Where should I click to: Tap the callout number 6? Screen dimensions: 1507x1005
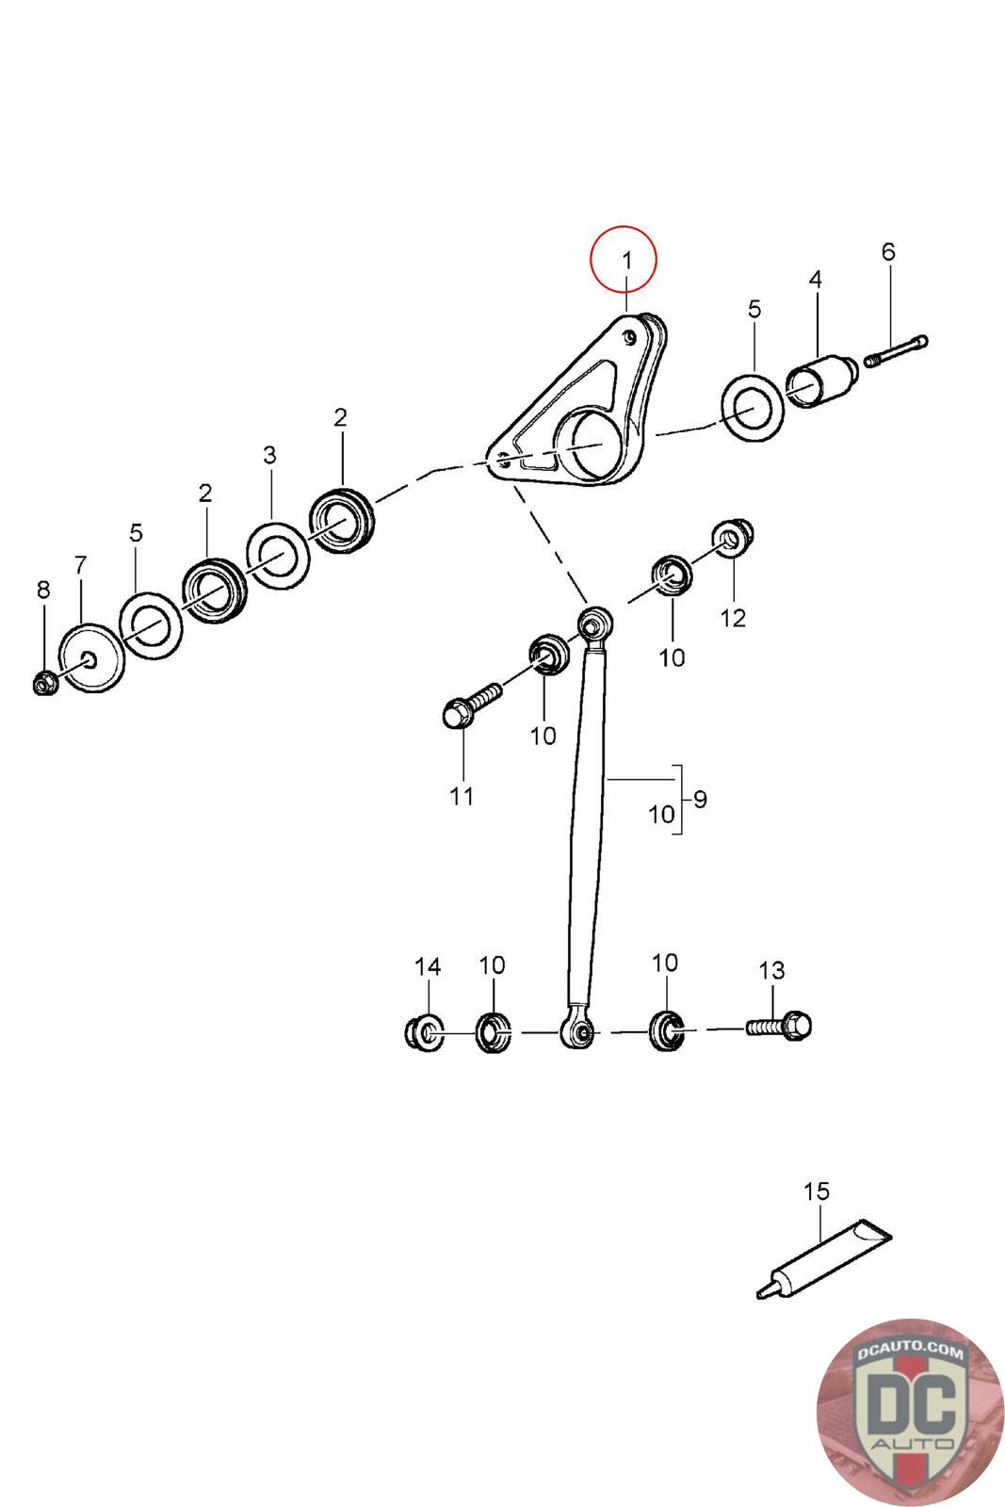click(887, 251)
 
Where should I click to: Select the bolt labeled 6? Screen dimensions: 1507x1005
click(896, 349)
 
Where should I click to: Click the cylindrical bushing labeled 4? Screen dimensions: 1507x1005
click(822, 381)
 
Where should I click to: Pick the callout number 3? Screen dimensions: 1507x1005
click(269, 455)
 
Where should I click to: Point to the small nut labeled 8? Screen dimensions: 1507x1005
click(42, 682)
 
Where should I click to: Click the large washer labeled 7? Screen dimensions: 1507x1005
click(90, 657)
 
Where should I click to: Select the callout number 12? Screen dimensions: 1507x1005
click(733, 618)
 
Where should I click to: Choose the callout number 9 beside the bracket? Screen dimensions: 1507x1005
click(700, 799)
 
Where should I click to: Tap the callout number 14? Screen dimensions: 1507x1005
click(428, 966)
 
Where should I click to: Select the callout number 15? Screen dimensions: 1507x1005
click(816, 1191)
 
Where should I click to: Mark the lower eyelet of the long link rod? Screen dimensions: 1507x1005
click(578, 1033)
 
